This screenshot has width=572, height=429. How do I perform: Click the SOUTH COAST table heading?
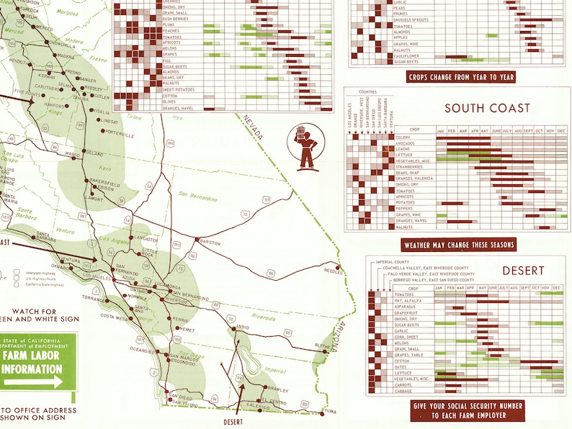click(487, 109)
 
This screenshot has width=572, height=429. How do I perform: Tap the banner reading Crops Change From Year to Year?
click(461, 77)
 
